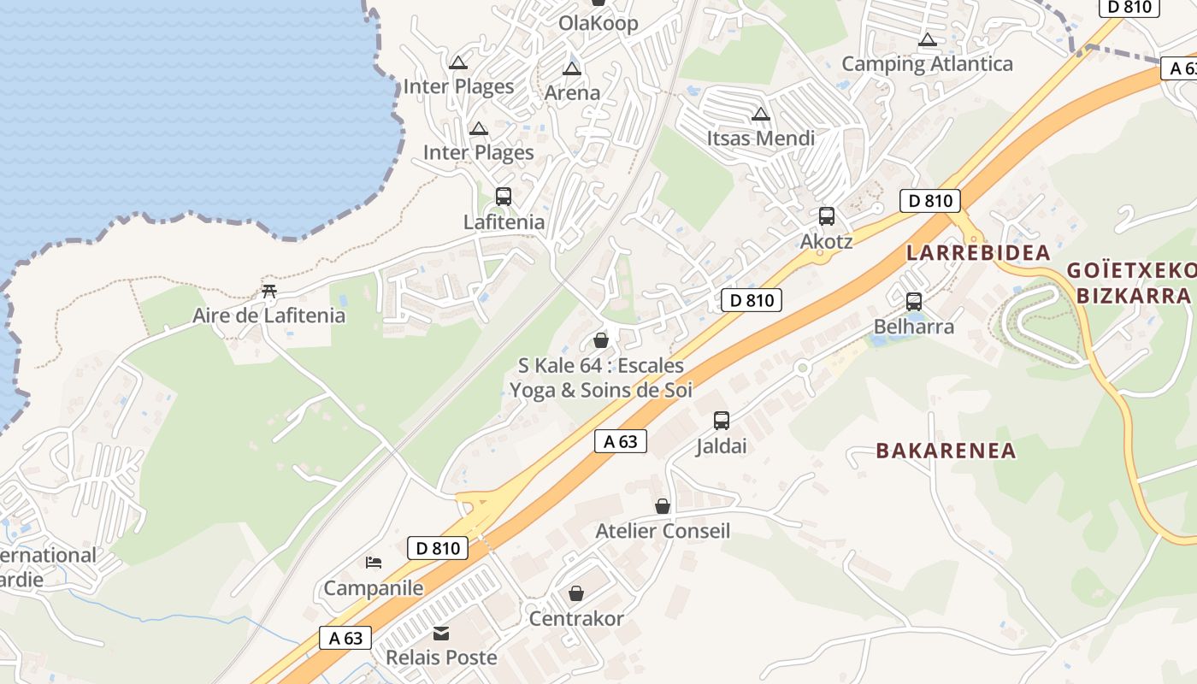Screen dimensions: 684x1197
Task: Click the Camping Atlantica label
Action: coord(927,64)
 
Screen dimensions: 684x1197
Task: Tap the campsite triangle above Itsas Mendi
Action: coord(760,115)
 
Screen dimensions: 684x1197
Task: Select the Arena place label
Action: coord(572,93)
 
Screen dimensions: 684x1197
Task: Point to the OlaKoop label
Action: coord(598,23)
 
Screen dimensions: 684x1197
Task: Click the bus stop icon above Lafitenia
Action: coord(504,197)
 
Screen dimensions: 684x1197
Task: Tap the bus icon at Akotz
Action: coord(826,216)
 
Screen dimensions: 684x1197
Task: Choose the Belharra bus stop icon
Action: coord(914,301)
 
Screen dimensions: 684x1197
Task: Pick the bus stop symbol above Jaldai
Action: coord(722,421)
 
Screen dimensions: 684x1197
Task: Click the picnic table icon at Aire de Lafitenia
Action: coord(269,292)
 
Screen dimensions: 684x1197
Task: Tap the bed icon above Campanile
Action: coord(374,563)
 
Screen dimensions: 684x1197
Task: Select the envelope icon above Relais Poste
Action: coord(441,634)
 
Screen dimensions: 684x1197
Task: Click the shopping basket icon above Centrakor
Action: coord(576,593)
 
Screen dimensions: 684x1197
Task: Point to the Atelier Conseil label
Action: coord(663,531)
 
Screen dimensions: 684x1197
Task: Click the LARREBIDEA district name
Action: coord(978,253)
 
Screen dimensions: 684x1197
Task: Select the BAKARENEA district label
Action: coord(946,451)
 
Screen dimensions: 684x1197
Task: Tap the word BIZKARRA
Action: coord(1133,296)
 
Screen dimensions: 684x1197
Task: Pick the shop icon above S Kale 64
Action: coord(601,341)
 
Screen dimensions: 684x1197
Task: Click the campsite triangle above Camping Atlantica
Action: coord(928,40)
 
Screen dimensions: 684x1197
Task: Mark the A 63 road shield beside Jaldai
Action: coord(621,441)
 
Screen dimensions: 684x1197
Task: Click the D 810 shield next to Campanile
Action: coord(438,548)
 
